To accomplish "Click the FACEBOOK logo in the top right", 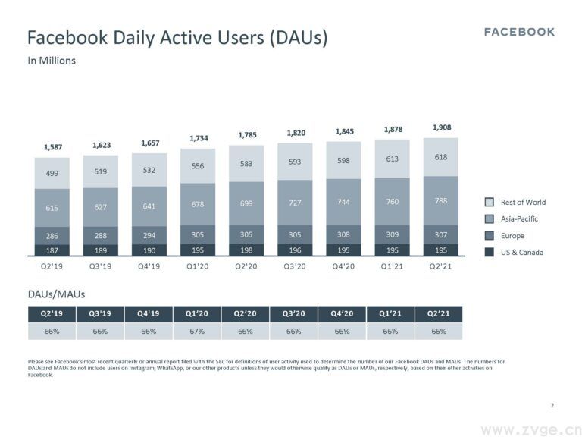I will (x=519, y=32).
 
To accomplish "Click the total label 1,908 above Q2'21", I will (x=441, y=127).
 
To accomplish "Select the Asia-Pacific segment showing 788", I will (x=441, y=202).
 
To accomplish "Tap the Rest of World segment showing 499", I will (x=52, y=173).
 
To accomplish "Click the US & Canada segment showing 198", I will (x=246, y=250).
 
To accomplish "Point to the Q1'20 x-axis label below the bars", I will (x=198, y=266).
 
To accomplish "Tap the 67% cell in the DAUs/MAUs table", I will (x=196, y=332).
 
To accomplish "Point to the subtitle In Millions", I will (x=52, y=61).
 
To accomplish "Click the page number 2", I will (x=552, y=405).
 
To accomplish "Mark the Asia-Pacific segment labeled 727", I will (x=295, y=203).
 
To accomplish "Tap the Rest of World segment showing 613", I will (x=393, y=159).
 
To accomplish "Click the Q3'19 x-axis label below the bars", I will (x=101, y=266).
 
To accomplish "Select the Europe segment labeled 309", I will (x=393, y=236).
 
